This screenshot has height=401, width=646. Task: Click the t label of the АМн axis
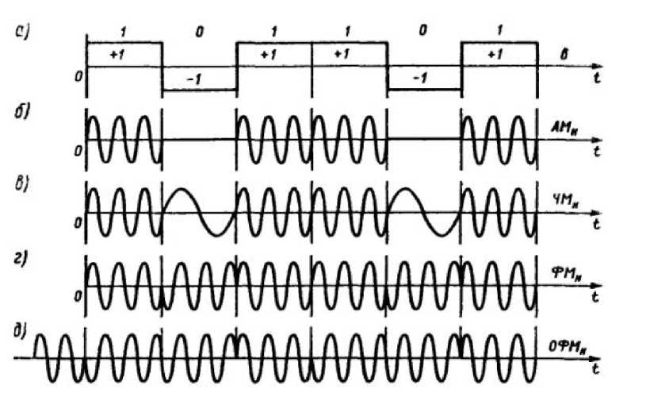595,150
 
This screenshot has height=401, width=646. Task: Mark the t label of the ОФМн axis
595,368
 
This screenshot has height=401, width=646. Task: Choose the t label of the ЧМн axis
595,224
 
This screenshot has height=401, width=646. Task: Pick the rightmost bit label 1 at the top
499,32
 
